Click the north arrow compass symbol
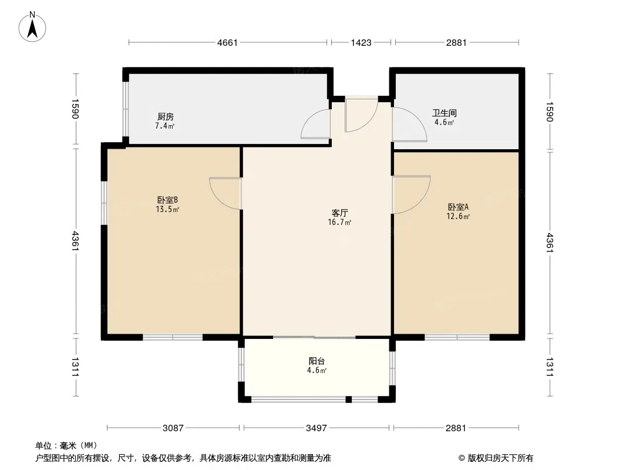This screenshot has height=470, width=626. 32,27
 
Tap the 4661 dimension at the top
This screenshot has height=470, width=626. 227,42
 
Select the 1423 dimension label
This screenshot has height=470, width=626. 361,42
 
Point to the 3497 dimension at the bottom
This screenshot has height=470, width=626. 316,428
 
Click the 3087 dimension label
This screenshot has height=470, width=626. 173,428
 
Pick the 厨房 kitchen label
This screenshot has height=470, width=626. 165,116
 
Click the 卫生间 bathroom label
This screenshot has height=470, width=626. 445,113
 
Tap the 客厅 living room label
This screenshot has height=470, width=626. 339,213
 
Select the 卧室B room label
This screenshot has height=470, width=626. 167,200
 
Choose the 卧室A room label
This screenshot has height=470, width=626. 458,207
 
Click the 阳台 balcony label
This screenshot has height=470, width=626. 317,361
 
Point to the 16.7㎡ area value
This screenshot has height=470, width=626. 339,223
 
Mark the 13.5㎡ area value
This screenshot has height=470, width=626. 167,209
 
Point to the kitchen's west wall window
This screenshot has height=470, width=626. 125,109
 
